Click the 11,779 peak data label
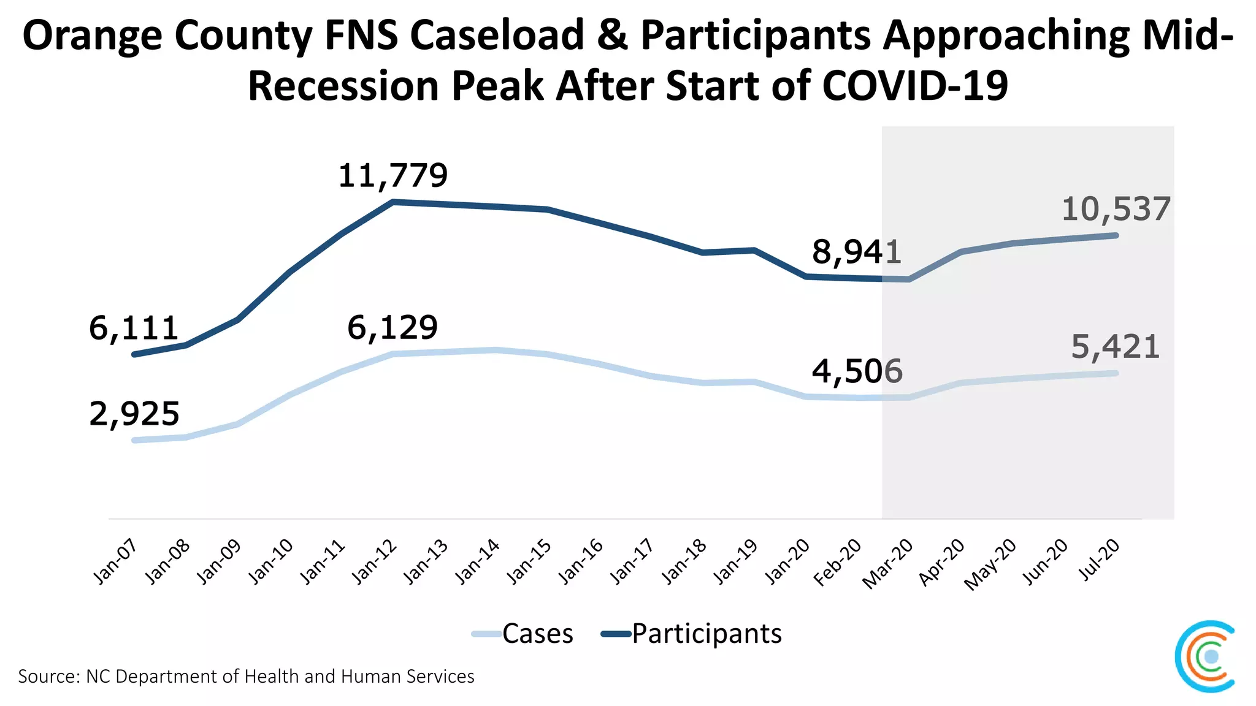click(x=393, y=176)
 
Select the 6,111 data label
click(x=134, y=328)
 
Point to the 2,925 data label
click(x=134, y=414)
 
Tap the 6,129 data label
click(x=392, y=327)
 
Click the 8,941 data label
click(x=857, y=252)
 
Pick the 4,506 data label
click(x=857, y=371)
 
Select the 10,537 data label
click(x=1116, y=210)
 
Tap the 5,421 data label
click(x=1115, y=347)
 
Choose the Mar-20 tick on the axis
click(x=888, y=564)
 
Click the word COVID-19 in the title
click(x=914, y=86)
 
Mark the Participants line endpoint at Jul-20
click(x=1116, y=235)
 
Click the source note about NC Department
click(x=246, y=677)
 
